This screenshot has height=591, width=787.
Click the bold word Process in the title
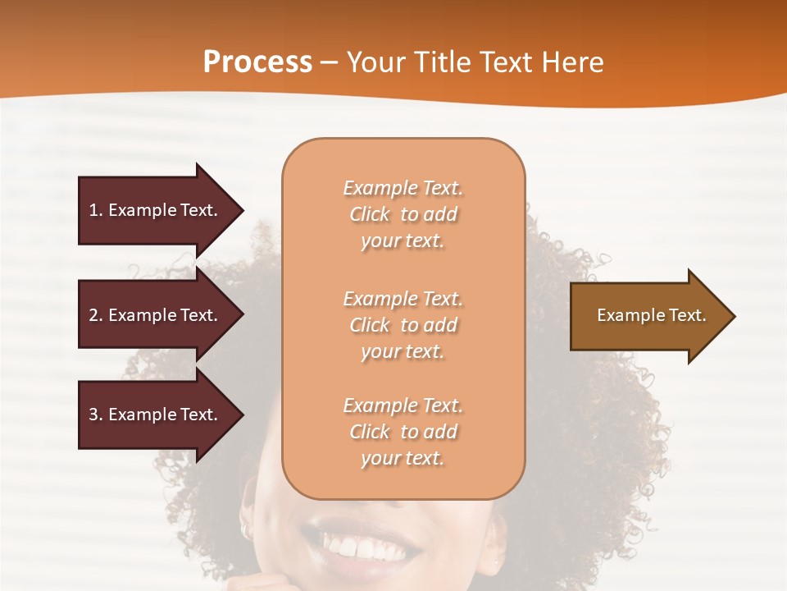click(257, 62)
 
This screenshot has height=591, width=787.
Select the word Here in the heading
click(573, 62)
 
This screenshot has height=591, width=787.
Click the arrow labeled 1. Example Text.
click(156, 210)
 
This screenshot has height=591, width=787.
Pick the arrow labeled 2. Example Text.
click(156, 315)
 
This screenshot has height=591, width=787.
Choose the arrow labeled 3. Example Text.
click(156, 415)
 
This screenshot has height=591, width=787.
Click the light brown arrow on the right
click(648, 315)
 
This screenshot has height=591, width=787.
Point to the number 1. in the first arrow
click(96, 210)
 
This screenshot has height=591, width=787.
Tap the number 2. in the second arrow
click(96, 315)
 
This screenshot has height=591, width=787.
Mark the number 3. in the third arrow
click(96, 415)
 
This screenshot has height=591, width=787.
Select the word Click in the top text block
click(370, 214)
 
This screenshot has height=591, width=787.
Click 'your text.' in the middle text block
click(403, 351)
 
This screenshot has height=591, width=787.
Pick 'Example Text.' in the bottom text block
click(403, 405)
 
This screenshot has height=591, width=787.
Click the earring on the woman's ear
click(245, 530)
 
